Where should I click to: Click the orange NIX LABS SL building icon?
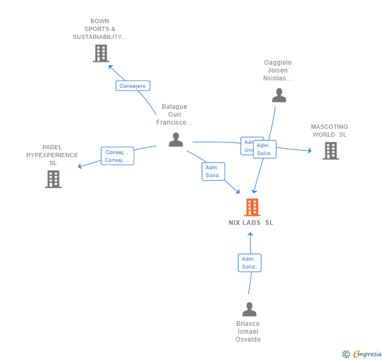pos(252,208)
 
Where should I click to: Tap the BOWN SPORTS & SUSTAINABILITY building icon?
pos(100,53)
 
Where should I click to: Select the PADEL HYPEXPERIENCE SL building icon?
pos(53,179)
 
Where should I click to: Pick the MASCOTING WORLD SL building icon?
pos(330,150)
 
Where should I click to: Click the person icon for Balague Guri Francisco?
pos(176,140)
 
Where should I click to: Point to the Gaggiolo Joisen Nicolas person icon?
pos(279,95)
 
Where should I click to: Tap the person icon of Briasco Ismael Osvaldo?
pos(249,309)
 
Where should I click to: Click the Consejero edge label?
pos(133,86)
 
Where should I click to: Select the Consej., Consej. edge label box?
pos(117,156)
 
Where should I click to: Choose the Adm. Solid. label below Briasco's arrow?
pos(249,263)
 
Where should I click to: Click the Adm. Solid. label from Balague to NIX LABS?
pos(213,171)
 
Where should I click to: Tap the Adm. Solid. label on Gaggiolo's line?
pos(265,149)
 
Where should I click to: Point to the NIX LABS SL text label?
pos(251,223)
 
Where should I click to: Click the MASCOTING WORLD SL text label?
pos(329,130)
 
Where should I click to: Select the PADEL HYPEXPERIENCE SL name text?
pos(52,155)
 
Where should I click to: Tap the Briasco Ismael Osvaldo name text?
pos(248,332)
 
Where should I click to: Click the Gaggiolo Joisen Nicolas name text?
pos(278,70)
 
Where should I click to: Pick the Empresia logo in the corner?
pos(362,354)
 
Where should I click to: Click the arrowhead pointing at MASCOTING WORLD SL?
pos(309,151)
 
